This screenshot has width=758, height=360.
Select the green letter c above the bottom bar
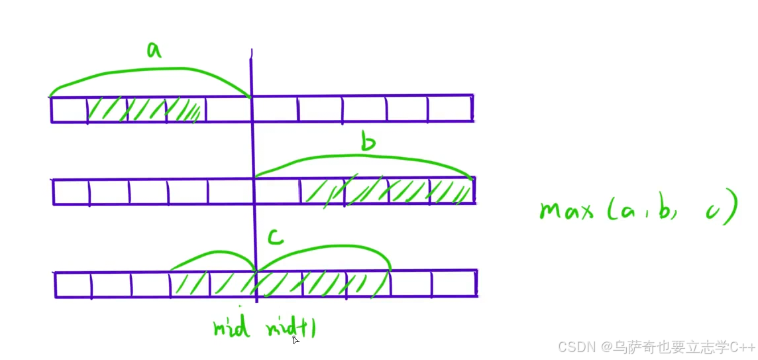coord(276,237)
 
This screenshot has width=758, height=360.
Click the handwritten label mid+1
coord(290,328)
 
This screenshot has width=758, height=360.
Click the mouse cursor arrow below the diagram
coord(296,340)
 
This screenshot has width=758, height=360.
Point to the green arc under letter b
coord(364,157)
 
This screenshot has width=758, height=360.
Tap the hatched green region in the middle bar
coord(388,191)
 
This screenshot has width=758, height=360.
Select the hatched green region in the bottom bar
coord(278,284)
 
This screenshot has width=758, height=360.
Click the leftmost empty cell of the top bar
coord(70,109)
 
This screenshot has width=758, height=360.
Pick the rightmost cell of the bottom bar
coord(454,284)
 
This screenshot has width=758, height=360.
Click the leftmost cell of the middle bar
coord(71,192)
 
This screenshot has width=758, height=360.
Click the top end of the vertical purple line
coord(251,53)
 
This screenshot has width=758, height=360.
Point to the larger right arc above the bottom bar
coord(325,251)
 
